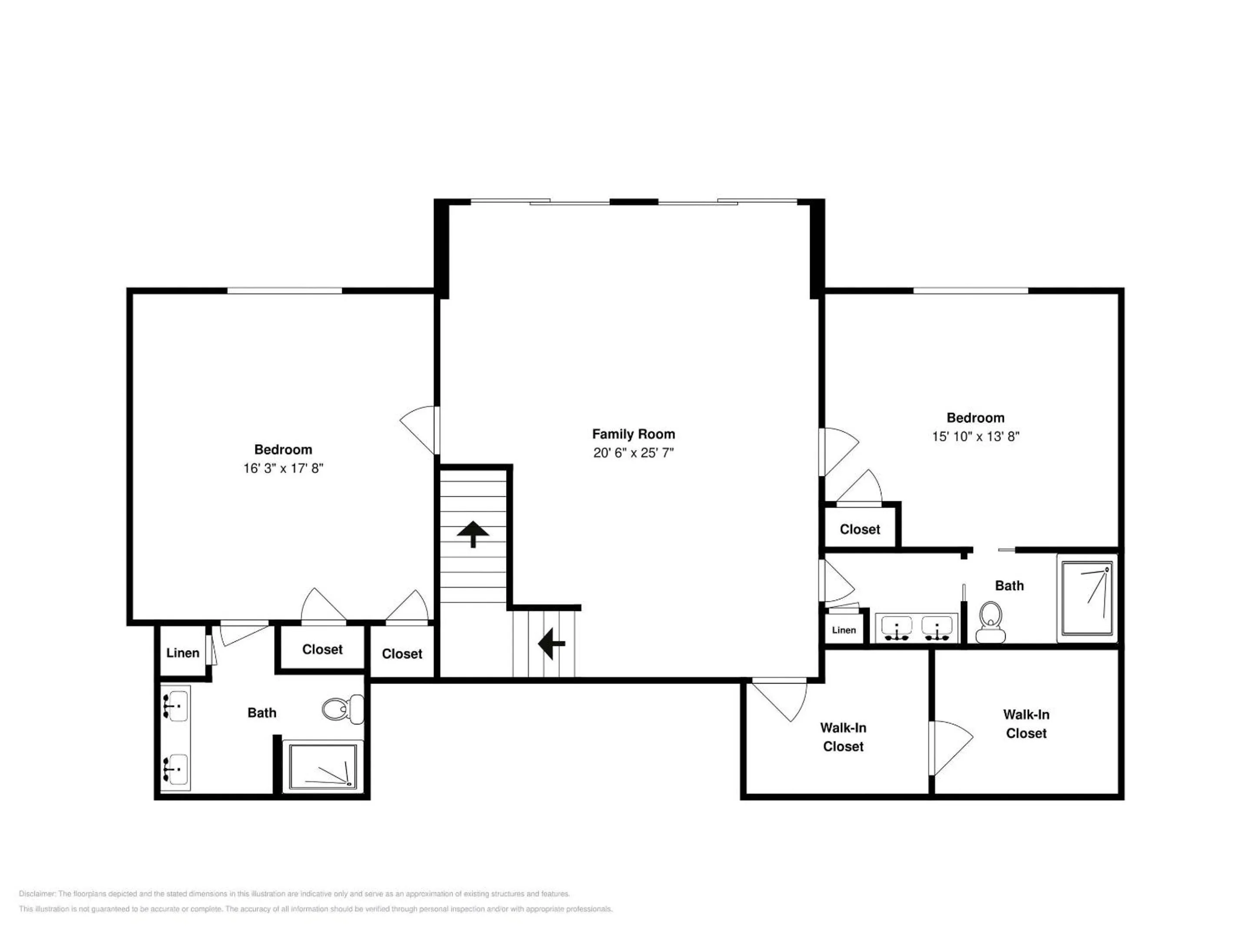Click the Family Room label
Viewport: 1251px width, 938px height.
[x=633, y=434]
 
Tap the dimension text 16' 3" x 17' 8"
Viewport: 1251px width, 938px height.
[x=283, y=468]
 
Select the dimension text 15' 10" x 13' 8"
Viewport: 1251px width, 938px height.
[x=976, y=436]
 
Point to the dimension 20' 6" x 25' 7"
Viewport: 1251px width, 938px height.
[x=633, y=453]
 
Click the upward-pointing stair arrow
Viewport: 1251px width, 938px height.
[x=473, y=534]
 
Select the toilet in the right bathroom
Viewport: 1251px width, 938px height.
[x=990, y=622]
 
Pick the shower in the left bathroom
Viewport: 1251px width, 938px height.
[x=323, y=766]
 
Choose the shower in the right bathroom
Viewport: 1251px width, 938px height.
[x=1087, y=598]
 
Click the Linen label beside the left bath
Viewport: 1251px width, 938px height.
[x=183, y=653]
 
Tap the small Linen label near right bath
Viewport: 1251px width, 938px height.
[x=844, y=630]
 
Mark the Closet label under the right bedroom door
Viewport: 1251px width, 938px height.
[x=860, y=529]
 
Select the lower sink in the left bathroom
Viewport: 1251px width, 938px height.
[x=175, y=770]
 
